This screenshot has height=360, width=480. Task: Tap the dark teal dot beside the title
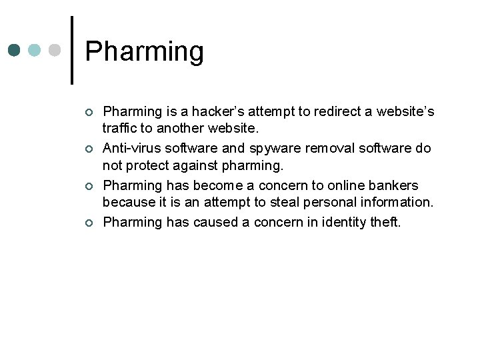(x=15, y=50)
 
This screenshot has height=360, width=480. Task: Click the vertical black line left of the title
(x=72, y=51)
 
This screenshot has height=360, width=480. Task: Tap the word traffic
(x=119, y=129)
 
